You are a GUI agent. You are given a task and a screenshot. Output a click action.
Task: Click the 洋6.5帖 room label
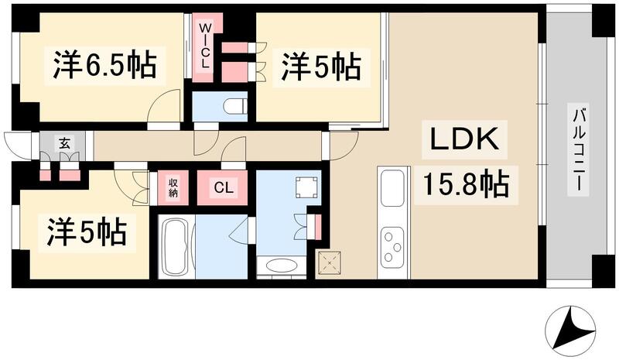point(105,66)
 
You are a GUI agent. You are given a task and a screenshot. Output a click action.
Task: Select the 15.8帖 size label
point(465,184)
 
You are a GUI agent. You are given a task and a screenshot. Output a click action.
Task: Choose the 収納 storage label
point(173,187)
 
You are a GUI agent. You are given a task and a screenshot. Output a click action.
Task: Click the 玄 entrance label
point(65,143)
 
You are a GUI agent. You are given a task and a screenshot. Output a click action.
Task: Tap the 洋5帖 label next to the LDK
point(320,66)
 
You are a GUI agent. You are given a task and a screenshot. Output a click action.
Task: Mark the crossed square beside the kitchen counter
point(330,264)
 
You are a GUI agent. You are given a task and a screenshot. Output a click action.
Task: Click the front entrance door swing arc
point(15,144)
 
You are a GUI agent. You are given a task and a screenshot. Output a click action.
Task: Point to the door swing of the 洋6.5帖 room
point(164,108)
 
